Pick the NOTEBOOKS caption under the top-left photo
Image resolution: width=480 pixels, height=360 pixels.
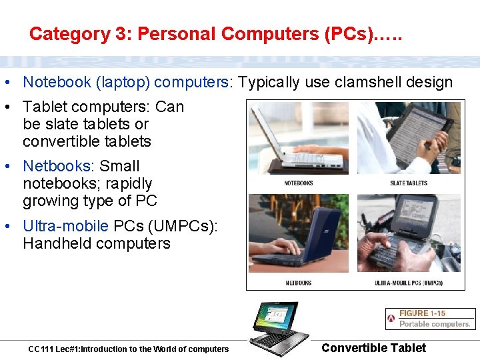click(299, 183)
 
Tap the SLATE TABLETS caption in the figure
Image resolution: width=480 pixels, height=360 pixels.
click(409, 183)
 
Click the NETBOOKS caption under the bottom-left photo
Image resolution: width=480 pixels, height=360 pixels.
click(299, 283)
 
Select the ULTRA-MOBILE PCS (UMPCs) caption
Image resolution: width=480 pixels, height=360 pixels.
click(409, 283)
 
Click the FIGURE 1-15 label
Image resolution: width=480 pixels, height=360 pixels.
click(422, 313)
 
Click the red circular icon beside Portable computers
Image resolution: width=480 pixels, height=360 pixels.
click(391, 319)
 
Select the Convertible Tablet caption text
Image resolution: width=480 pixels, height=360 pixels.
click(373, 347)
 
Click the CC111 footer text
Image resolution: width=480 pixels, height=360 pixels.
click(128, 349)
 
